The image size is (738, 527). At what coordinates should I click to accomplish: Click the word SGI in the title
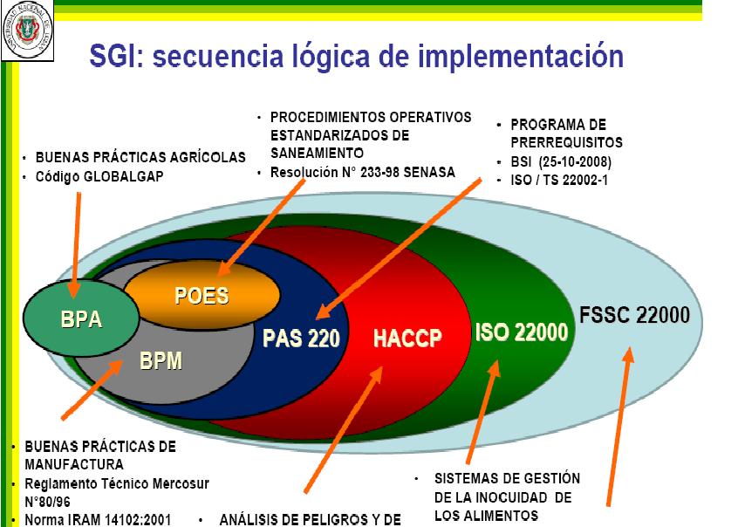tap(117, 58)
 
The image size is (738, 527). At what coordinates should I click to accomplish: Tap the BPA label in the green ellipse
tap(81, 319)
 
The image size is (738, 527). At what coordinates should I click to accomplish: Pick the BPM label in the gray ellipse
tap(161, 359)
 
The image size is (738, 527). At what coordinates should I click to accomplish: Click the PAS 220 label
tap(300, 338)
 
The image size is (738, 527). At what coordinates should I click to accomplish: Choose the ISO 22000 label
tap(522, 332)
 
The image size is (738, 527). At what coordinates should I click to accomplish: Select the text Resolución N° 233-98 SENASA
tap(362, 172)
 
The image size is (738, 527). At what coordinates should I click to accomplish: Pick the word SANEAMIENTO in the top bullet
tap(316, 153)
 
